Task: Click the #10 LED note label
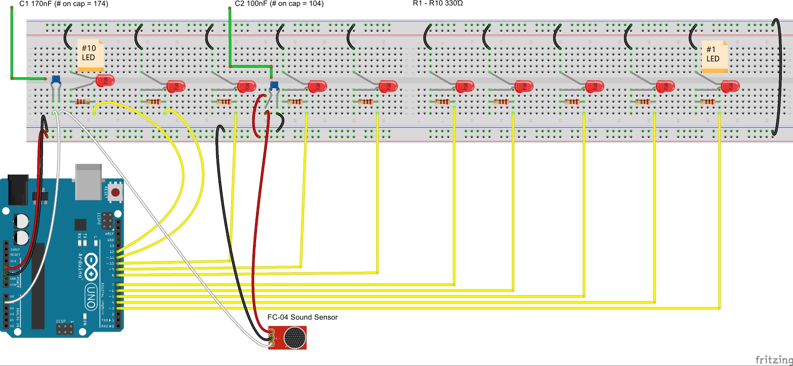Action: [90, 54]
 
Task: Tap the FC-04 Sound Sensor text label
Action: [302, 317]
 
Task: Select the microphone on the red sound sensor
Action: [294, 338]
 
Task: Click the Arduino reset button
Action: [115, 192]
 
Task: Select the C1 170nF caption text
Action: [64, 4]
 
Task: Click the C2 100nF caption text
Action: [279, 4]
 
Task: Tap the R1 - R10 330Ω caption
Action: [437, 3]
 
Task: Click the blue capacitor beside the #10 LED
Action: [56, 80]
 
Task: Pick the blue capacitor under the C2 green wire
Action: [274, 85]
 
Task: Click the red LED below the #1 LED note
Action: [730, 86]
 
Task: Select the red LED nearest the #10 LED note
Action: [105, 81]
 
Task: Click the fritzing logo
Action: [774, 360]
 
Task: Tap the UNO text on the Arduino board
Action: [91, 297]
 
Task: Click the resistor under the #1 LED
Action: [707, 102]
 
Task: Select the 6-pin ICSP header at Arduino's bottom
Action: [65, 328]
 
